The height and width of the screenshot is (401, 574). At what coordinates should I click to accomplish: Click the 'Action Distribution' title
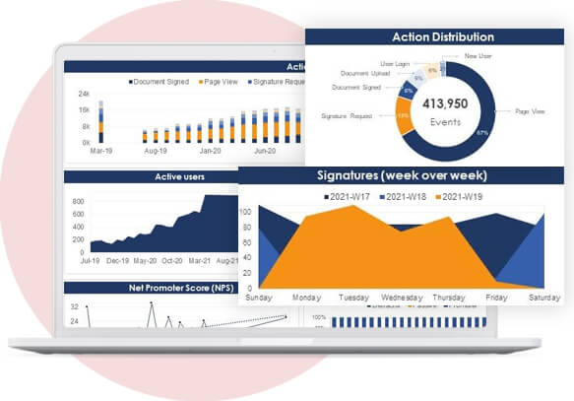click(x=442, y=37)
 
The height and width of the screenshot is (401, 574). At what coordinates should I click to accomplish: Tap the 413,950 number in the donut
click(x=442, y=103)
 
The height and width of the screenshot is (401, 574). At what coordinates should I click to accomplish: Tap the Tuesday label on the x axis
click(x=353, y=297)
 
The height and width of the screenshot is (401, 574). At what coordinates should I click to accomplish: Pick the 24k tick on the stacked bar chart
click(x=85, y=95)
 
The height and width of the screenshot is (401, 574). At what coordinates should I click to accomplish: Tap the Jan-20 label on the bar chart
click(x=210, y=152)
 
